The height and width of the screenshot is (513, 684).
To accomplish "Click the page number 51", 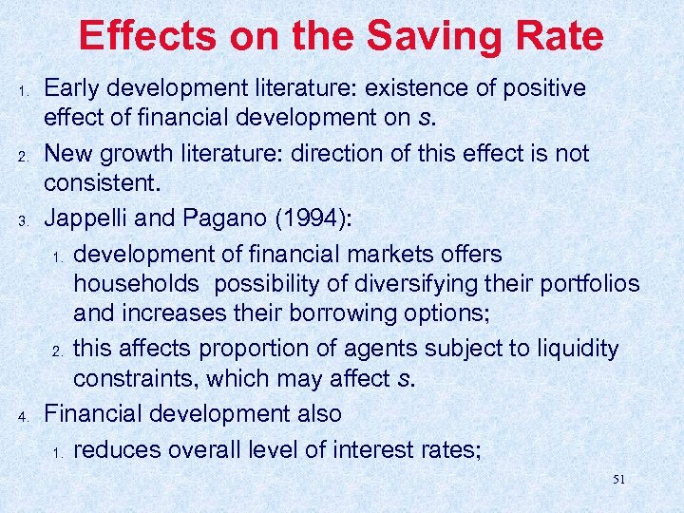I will pos(618,480).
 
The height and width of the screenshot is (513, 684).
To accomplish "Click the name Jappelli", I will pos(93,218).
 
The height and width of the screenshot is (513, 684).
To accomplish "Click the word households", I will pos(136,284).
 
